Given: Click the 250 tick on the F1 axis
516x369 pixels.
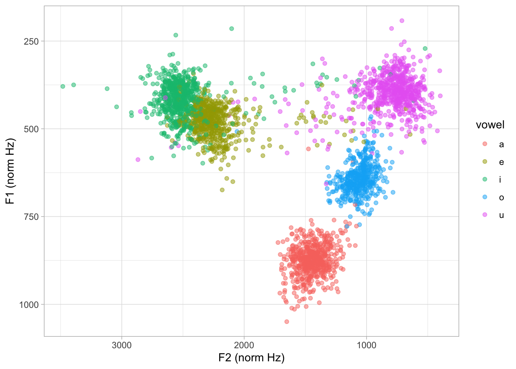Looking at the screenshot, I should (x=29, y=42).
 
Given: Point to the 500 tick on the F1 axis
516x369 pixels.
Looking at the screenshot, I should (x=29, y=129).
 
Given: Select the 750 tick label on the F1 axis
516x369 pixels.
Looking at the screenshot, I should (x=29, y=217).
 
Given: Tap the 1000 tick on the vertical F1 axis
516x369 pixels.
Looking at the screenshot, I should (x=29, y=305).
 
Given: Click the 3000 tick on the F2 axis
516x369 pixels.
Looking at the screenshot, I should (x=122, y=345).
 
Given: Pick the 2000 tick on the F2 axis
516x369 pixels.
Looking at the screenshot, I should (x=244, y=345).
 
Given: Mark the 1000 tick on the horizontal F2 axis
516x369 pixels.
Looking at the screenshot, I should (x=366, y=345).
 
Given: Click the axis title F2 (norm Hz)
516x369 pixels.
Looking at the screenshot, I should (x=251, y=358).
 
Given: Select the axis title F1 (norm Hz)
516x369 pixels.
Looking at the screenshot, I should (x=10, y=171).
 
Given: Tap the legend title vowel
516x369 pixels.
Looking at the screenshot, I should (x=490, y=125).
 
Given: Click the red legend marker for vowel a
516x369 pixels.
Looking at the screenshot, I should (x=485, y=144).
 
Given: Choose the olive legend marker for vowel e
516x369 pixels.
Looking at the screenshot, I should (x=485, y=162).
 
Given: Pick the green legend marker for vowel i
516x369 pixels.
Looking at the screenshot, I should (x=485, y=180).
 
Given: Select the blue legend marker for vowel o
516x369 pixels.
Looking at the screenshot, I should (x=485, y=197).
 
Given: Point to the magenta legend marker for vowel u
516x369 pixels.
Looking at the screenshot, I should (x=485, y=215).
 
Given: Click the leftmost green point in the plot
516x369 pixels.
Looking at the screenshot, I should (x=63, y=86).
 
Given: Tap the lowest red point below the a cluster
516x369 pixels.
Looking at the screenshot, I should (x=286, y=322).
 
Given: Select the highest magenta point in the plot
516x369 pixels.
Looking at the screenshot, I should (x=402, y=21).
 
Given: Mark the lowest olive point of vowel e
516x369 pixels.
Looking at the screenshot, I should (x=222, y=190).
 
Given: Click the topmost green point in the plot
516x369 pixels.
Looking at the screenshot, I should (x=232, y=29).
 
